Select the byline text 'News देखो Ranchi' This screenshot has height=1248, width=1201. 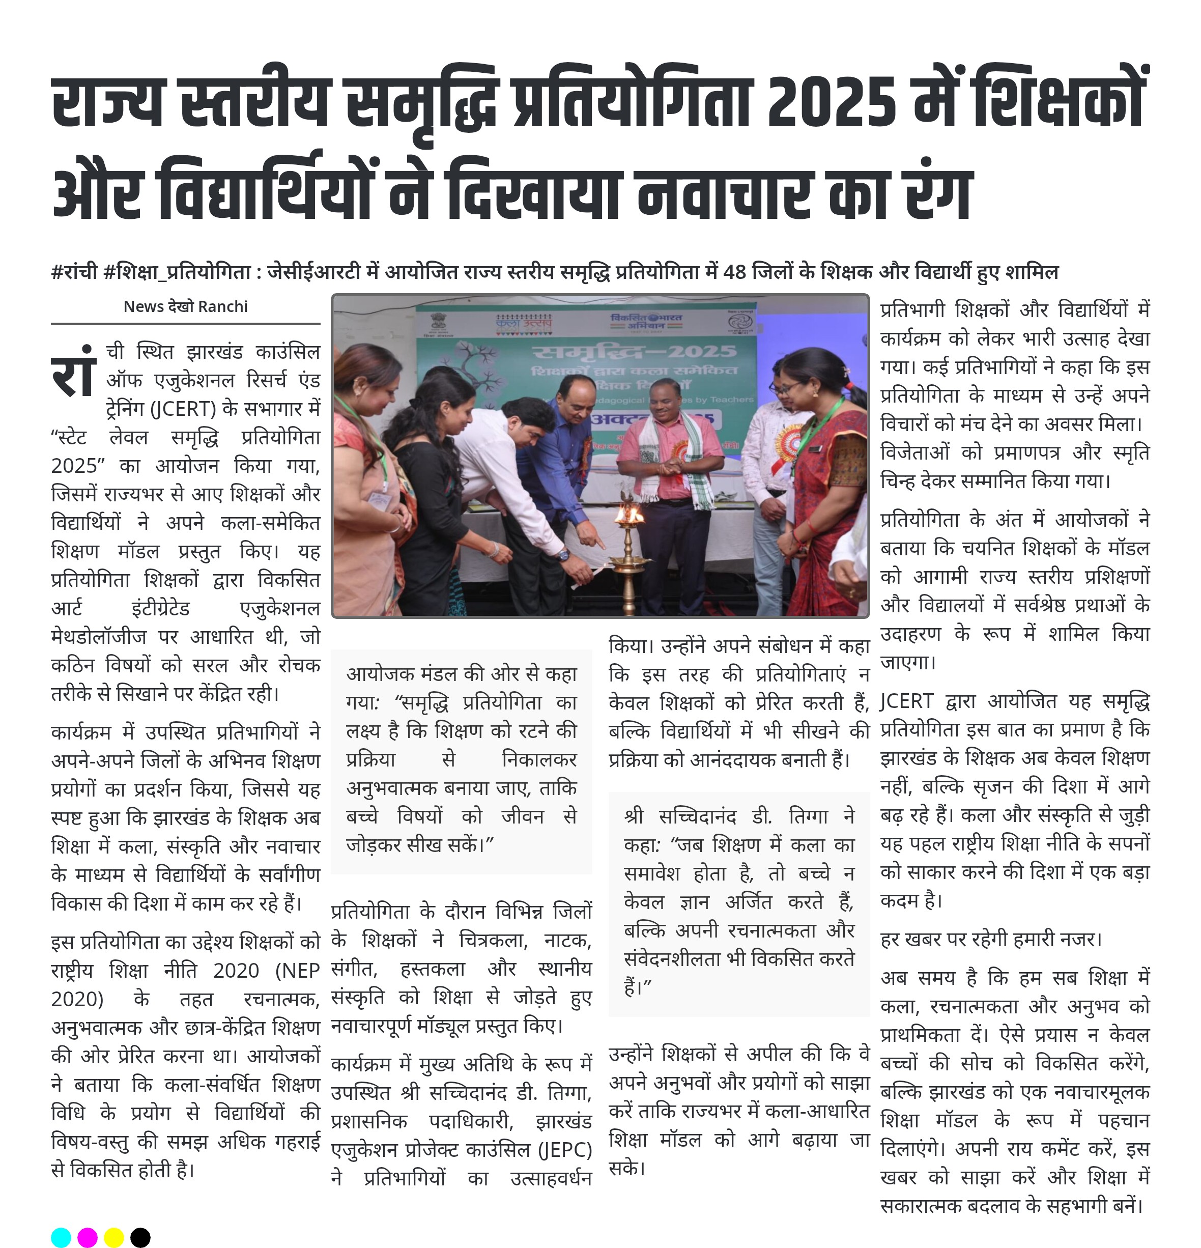(185, 306)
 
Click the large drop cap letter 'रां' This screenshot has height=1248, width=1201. (74, 371)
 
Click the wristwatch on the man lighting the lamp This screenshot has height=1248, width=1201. (563, 555)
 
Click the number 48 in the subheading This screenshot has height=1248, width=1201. (734, 272)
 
